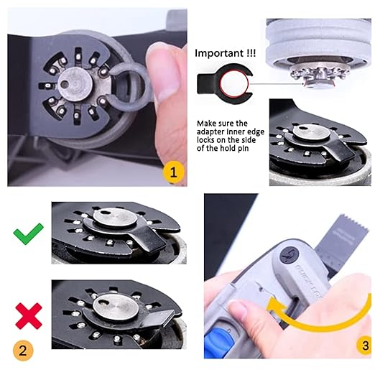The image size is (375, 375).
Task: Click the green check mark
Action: tap(28, 233)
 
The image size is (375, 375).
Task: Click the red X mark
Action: tap(29, 315)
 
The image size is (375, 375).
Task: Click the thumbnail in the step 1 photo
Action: tap(167, 68)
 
